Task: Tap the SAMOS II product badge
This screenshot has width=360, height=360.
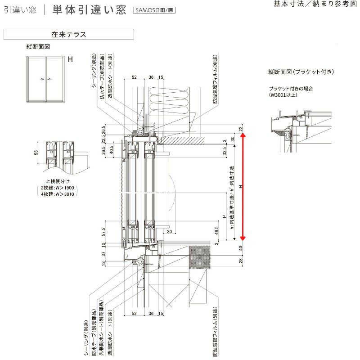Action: (153, 10)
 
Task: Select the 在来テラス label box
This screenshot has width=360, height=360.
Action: (68, 34)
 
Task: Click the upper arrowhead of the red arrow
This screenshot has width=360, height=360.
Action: (243, 137)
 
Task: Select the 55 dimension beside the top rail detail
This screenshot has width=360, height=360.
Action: (36, 153)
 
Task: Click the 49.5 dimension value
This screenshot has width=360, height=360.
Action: (216, 231)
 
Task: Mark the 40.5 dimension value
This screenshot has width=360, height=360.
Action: (111, 149)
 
